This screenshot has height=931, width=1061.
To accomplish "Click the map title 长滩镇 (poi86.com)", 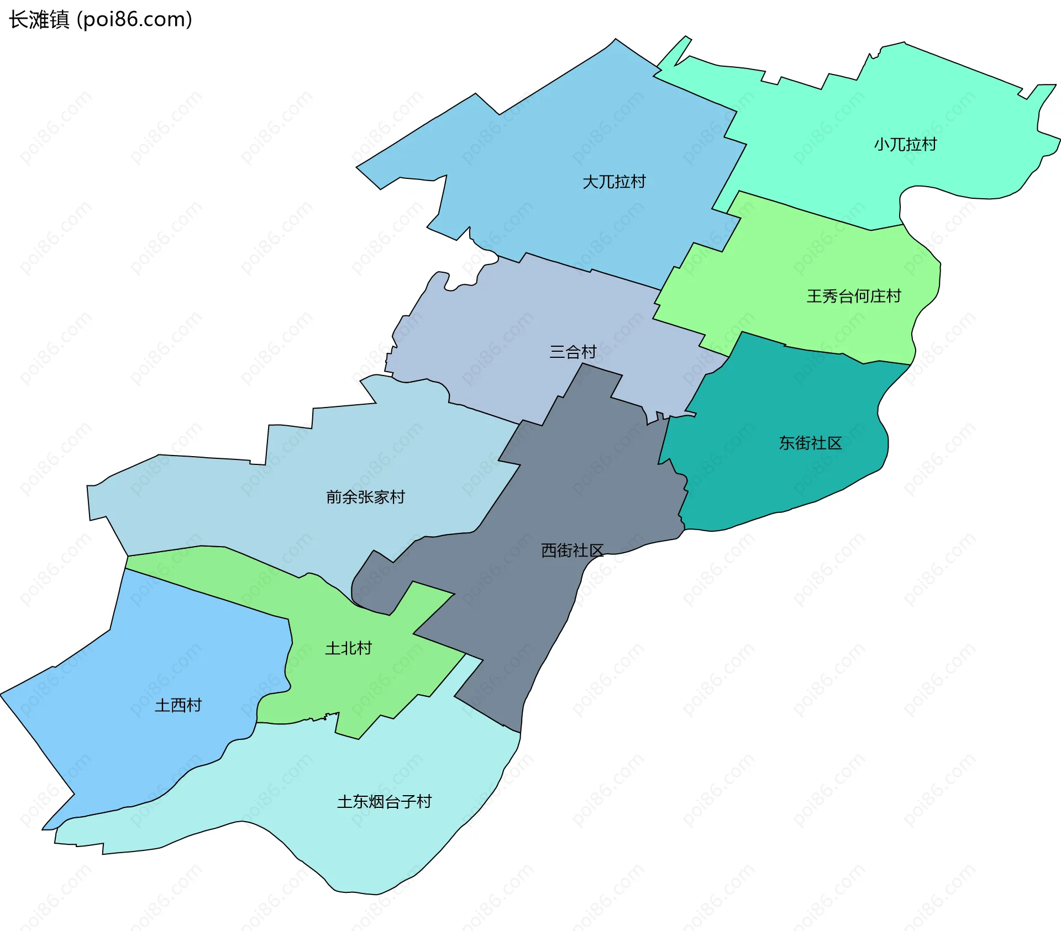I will pyautogui.click(x=101, y=20).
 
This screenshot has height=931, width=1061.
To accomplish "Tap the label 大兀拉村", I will pyautogui.click(x=614, y=182).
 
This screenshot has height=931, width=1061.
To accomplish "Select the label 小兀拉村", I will pyautogui.click(x=905, y=145).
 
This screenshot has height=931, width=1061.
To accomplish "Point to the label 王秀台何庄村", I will pyautogui.click(x=854, y=297).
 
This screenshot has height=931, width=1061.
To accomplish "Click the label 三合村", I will pyautogui.click(x=573, y=352).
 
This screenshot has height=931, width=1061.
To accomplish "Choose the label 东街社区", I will pyautogui.click(x=810, y=443).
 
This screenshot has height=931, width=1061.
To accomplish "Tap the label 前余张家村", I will pyautogui.click(x=365, y=497).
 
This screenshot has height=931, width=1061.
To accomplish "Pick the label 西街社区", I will pyautogui.click(x=572, y=550).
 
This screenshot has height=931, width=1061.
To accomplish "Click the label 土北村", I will pyautogui.click(x=348, y=648).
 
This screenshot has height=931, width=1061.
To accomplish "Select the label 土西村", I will pyautogui.click(x=178, y=705).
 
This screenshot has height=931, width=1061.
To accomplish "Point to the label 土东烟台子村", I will pyautogui.click(x=384, y=802).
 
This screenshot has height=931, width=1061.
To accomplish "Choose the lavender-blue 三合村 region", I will pyautogui.click(x=497, y=331).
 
